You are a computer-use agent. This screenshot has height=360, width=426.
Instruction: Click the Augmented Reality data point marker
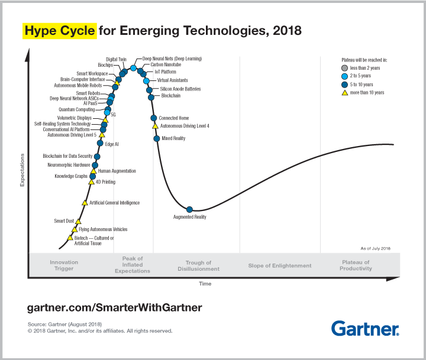[x=189, y=209]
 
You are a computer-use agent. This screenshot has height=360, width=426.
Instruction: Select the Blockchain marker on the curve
[x=151, y=96]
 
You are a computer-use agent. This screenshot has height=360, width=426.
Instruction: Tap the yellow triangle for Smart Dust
[x=78, y=221]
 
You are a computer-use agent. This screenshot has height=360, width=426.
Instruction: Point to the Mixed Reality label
[x=173, y=138]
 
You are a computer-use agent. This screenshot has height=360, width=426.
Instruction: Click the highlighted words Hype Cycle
[x=59, y=30]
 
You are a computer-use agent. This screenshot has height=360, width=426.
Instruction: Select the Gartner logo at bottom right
[x=365, y=328]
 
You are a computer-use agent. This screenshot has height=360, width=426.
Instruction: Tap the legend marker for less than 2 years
[x=346, y=68]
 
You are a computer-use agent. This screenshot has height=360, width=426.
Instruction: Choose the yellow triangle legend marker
[x=346, y=92]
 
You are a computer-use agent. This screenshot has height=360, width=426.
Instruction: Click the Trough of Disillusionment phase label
[x=198, y=266]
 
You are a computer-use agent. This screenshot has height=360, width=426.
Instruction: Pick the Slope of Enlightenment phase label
[x=280, y=266]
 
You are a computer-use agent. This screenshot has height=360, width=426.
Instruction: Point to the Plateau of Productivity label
[x=356, y=265]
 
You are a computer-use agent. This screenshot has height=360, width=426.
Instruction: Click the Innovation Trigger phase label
[x=64, y=265]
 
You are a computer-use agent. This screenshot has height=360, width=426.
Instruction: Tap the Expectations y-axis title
[x=22, y=170]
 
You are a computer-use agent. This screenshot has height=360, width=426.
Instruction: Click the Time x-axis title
[x=205, y=284]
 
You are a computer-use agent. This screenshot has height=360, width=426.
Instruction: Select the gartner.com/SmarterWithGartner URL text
[x=115, y=307]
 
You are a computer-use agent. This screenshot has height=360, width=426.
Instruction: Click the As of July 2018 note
[x=375, y=249]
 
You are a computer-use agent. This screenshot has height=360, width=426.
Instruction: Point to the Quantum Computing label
[x=76, y=109]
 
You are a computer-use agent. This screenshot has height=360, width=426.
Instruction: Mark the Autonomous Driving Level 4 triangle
[x=155, y=126]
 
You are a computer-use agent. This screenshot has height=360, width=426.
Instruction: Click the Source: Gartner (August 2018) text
[x=65, y=325]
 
